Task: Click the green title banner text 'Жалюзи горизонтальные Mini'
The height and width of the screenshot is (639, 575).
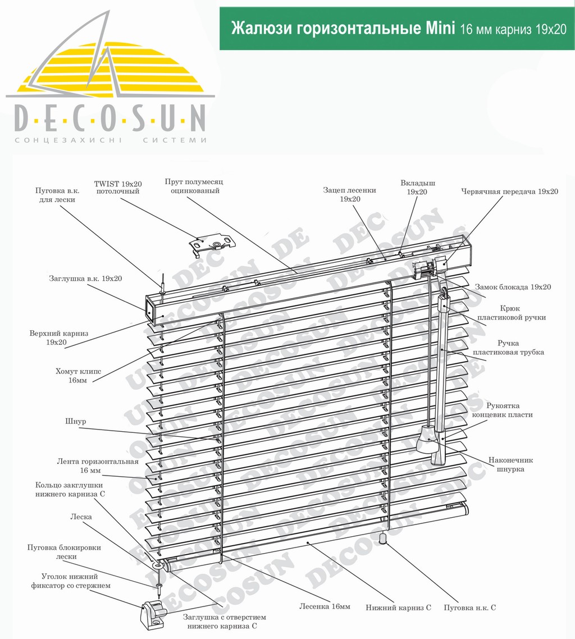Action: coord(343,29)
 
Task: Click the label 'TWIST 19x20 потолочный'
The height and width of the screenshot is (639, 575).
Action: coord(118,188)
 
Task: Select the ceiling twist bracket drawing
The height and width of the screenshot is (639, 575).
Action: coord(212,243)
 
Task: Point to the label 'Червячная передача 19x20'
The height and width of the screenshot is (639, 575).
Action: coord(509,191)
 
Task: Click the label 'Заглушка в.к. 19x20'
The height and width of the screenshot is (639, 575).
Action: coord(85,279)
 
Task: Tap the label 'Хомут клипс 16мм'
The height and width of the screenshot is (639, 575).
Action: coord(78,376)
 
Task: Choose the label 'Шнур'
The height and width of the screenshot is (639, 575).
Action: coord(76,421)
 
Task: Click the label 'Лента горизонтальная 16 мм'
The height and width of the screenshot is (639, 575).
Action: coord(98,466)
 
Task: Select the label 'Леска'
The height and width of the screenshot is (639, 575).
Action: coord(81,517)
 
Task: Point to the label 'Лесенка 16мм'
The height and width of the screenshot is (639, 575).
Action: coord(325,606)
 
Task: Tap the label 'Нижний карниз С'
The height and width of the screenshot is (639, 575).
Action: coord(398,608)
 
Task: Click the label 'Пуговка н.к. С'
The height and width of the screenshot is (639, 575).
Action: coord(470,608)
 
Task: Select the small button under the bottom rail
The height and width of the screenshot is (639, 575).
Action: coord(383,538)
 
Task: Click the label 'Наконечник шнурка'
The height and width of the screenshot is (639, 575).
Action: coord(510,464)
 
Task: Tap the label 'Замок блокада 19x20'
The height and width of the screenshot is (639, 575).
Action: coord(513,287)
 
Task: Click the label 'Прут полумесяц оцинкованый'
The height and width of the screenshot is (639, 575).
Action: coord(194,186)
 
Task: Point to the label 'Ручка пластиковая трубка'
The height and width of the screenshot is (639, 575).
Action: coord(508,348)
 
